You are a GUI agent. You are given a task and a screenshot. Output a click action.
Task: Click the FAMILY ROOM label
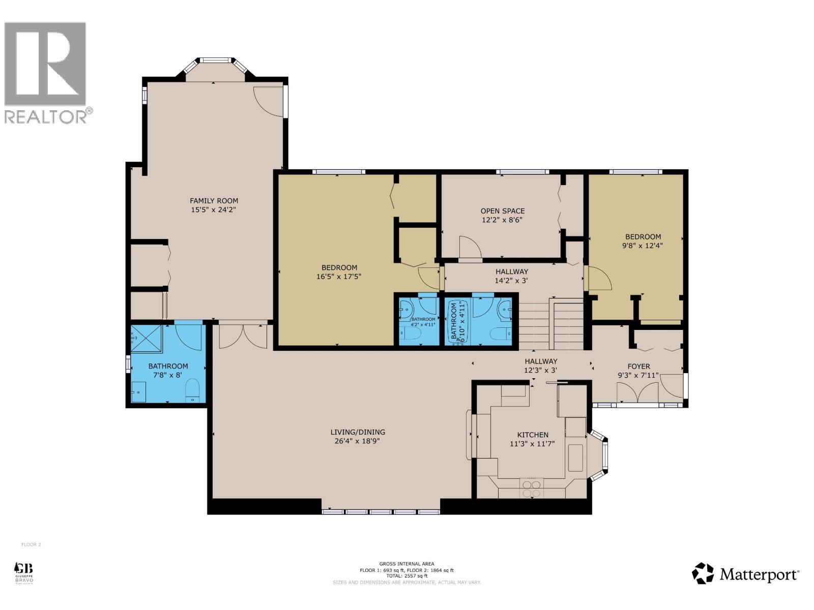pyautogui.click(x=214, y=200)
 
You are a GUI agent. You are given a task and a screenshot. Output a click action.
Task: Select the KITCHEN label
pyautogui.click(x=532, y=435)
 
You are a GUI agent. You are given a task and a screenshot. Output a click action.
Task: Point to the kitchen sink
pyautogui.click(x=575, y=457)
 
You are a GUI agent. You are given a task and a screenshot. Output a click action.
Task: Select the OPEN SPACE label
pyautogui.click(x=502, y=210)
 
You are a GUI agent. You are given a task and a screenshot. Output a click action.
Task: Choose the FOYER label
pyautogui.click(x=638, y=366)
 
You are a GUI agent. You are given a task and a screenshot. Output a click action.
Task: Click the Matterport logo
pyautogui.click(x=745, y=574)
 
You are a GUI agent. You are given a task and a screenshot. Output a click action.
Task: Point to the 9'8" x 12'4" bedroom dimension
pyautogui.click(x=643, y=245)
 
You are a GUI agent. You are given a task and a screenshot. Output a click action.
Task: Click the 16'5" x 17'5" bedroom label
pyautogui.click(x=339, y=267)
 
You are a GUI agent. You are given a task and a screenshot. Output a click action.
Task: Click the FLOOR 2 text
pyautogui.click(x=31, y=544)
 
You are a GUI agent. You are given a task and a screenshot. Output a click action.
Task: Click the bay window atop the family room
pyautogui.click(x=216, y=68)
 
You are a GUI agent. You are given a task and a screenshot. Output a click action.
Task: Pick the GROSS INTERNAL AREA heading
pyautogui.click(x=406, y=564)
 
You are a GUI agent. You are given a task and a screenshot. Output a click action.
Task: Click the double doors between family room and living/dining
pyautogui.click(x=243, y=335)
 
